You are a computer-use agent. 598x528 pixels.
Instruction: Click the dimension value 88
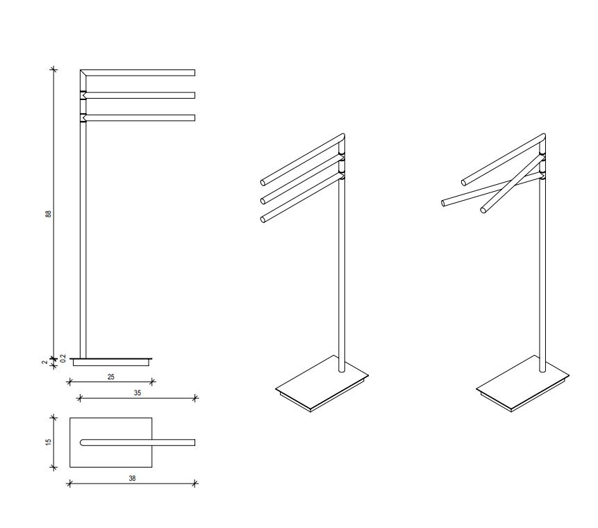49,213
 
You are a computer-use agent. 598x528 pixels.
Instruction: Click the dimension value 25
111,376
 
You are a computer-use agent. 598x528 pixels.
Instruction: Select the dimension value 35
138,393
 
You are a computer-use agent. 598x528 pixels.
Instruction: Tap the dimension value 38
132,478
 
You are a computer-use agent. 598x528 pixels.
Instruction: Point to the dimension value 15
49,442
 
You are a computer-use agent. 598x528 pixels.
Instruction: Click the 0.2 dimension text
63,358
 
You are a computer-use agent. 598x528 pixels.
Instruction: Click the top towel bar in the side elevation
139,72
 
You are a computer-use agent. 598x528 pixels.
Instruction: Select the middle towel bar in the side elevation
139,95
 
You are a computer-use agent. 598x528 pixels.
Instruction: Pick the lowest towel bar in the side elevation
139,117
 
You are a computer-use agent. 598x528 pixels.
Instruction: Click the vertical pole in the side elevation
83,236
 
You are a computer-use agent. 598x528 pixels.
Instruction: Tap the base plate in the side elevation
111,361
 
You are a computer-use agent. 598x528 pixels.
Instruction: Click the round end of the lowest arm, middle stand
263,220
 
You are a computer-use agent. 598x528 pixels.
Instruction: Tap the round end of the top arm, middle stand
263,183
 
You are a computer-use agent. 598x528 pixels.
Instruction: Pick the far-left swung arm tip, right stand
443,203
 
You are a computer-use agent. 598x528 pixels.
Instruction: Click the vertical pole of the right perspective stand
542,278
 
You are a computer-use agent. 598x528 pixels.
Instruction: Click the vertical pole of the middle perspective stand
341,278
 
